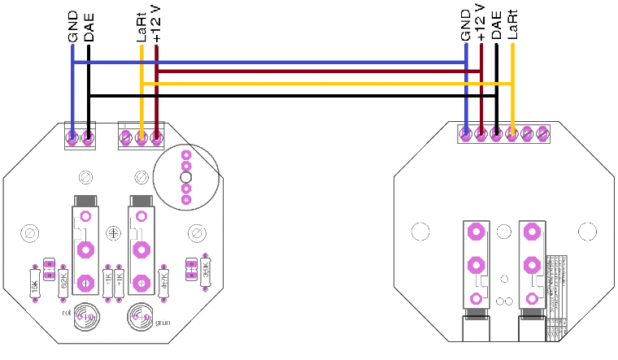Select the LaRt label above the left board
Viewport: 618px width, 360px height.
point(141,27)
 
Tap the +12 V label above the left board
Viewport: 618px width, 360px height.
point(157,24)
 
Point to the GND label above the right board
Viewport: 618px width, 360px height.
point(466,24)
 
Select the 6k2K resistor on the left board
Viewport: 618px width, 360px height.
point(63,282)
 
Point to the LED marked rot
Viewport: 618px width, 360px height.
point(83,316)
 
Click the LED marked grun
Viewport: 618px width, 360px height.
point(140,316)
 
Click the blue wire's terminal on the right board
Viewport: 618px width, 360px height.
point(466,132)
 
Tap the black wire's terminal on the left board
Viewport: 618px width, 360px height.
point(88,139)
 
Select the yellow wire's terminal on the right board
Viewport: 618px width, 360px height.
point(512,132)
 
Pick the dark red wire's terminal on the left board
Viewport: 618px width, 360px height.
point(157,139)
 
